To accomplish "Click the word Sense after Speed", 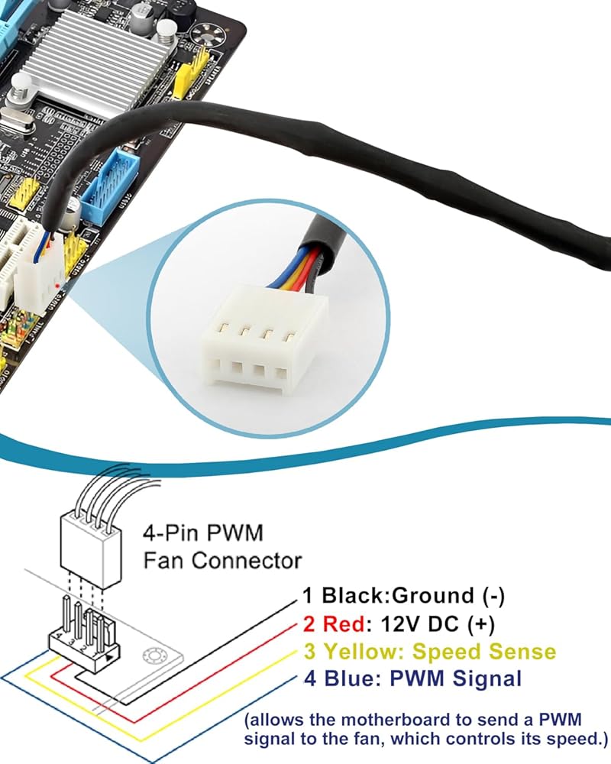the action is click(521, 652).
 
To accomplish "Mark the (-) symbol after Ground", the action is click(489, 595).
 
